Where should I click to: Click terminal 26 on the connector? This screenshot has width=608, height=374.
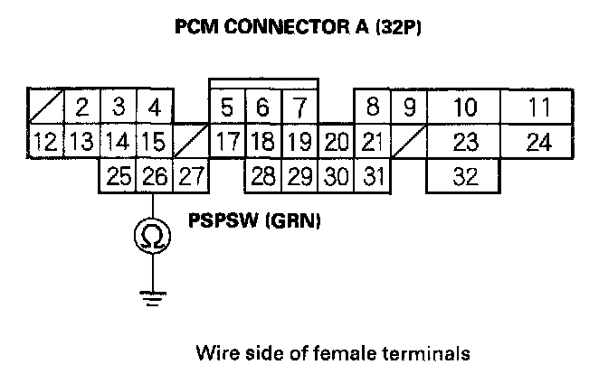[x=153, y=176]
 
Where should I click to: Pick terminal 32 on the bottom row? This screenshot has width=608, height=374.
[x=465, y=176]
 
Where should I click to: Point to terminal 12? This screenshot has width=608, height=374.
[x=44, y=143]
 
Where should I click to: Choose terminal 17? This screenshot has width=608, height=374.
[x=226, y=143]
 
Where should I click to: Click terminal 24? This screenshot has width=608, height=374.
[x=539, y=143]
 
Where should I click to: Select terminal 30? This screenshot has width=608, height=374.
[x=336, y=176]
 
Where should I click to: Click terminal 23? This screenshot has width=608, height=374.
[x=465, y=143]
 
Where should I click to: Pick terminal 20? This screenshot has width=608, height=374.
[x=336, y=143]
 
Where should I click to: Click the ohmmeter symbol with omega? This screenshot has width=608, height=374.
[x=153, y=237]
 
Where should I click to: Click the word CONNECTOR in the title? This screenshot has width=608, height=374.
[x=279, y=28]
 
